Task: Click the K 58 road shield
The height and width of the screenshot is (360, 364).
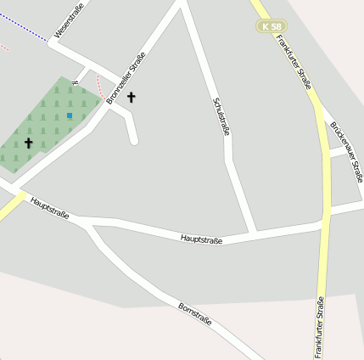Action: tap(271, 27)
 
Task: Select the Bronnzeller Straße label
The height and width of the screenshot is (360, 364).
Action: tap(126, 78)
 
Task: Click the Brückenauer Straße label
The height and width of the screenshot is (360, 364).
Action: tap(346, 151)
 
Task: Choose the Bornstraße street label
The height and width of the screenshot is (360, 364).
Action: tap(194, 316)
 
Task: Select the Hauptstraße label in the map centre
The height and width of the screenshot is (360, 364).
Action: tap(201, 240)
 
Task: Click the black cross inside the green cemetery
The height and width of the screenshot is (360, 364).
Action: tap(28, 143)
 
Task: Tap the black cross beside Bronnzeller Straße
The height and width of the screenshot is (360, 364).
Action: tap(132, 98)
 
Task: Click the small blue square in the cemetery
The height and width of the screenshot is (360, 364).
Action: tap(70, 115)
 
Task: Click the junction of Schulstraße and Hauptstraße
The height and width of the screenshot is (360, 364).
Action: tap(253, 232)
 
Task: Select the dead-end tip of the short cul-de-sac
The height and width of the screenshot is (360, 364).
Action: tap(133, 140)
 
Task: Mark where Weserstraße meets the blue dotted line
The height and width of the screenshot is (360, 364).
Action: tap(49, 42)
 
